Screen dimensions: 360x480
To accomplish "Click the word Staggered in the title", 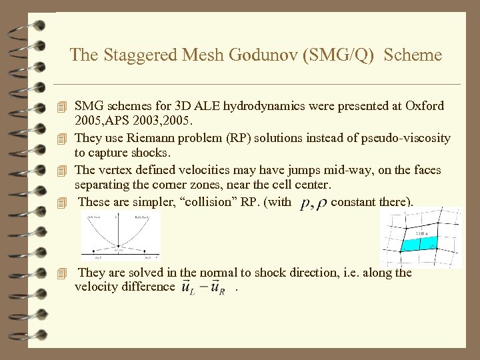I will pyautogui.click(x=135, y=55).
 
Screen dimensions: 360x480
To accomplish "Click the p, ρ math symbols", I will pyautogui.click(x=313, y=203).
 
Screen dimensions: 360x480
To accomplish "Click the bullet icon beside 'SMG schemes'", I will pyautogui.click(x=63, y=107).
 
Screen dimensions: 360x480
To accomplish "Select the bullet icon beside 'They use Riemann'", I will pyautogui.click(x=63, y=139).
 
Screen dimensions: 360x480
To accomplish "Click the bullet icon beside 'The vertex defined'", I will pyautogui.click(x=63, y=171).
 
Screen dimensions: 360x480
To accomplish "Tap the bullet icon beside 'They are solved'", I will pyautogui.click(x=63, y=273).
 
